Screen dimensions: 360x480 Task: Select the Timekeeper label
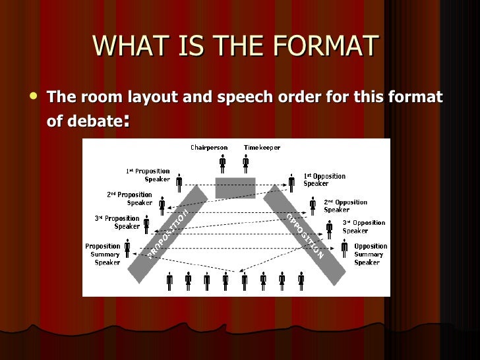(x=262, y=147)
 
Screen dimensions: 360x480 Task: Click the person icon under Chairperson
(x=223, y=162)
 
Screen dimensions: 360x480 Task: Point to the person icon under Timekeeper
(x=245, y=162)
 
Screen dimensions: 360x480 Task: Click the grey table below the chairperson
(x=235, y=187)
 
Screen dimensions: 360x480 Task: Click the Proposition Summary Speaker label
(x=103, y=254)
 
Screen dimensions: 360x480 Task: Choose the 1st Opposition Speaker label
(x=324, y=179)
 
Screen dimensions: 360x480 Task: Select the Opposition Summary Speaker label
(x=371, y=254)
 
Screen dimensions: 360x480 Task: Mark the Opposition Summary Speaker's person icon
(x=344, y=249)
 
